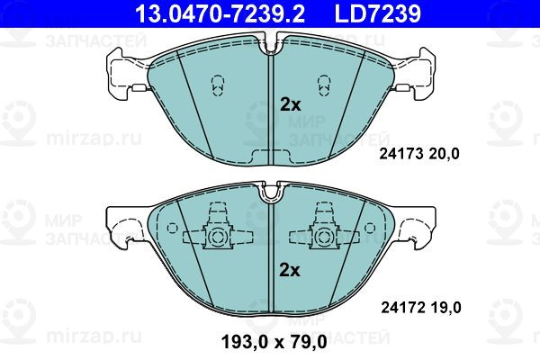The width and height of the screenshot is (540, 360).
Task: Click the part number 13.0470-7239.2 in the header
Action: pyautogui.click(x=220, y=13)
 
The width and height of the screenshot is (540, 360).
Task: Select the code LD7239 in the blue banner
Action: pyautogui.click(x=378, y=13)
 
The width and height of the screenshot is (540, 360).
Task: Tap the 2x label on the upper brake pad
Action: pyautogui.click(x=291, y=104)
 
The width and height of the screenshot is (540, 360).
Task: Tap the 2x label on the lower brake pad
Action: pyautogui.click(x=290, y=270)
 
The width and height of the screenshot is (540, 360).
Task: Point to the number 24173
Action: pyautogui.click(x=400, y=154)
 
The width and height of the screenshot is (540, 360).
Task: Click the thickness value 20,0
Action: pyautogui.click(x=444, y=154)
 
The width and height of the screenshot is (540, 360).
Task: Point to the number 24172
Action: pyautogui.click(x=402, y=307)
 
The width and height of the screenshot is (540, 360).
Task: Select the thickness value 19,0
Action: pyautogui.click(x=445, y=307)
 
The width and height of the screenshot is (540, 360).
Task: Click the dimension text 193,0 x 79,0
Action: pyautogui.click(x=274, y=342)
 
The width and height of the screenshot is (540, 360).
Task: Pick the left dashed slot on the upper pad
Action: pyautogui.click(x=217, y=85)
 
